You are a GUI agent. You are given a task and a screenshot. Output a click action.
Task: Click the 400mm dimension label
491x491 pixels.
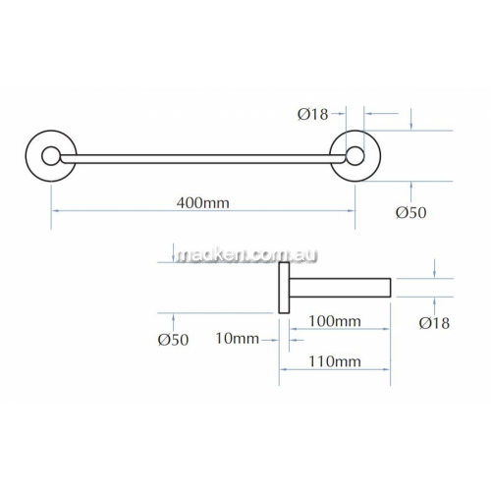click(203, 203)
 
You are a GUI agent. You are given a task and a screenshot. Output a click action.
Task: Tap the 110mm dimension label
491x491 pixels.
click(335, 361)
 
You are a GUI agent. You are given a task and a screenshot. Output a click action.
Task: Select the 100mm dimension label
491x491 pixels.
click(335, 321)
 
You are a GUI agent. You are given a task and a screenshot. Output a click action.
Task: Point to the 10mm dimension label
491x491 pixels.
click(238, 339)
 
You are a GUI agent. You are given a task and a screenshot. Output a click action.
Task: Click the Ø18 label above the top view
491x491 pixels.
click(313, 114)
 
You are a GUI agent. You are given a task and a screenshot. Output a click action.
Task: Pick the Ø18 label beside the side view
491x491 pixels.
click(434, 323)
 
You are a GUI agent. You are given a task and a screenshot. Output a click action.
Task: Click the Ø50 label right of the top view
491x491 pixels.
click(411, 213)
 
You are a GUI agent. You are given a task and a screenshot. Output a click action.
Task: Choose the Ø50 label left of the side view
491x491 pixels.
click(173, 340)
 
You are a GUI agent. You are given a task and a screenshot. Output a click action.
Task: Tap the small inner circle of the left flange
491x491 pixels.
click(50, 148)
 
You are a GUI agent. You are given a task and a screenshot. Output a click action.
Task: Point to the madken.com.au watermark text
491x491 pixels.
click(246, 255)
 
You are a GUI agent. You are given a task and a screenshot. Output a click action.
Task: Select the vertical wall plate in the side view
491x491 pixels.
click(284, 288)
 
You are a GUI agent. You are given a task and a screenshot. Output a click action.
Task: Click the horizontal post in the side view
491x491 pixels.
click(340, 288)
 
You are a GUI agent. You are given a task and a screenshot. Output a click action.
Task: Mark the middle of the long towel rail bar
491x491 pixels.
click(203, 159)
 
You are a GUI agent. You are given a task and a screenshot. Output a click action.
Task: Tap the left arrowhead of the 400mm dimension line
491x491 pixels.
click(55, 211)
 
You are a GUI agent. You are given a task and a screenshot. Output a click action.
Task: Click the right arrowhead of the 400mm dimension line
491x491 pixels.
click(352, 211)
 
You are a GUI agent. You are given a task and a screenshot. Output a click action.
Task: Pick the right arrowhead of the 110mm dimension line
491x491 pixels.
click(387, 369)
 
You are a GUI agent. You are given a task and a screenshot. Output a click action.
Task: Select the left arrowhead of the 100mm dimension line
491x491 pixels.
click(293, 329)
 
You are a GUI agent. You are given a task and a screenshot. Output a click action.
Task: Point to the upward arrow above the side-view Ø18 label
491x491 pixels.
click(434, 305)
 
